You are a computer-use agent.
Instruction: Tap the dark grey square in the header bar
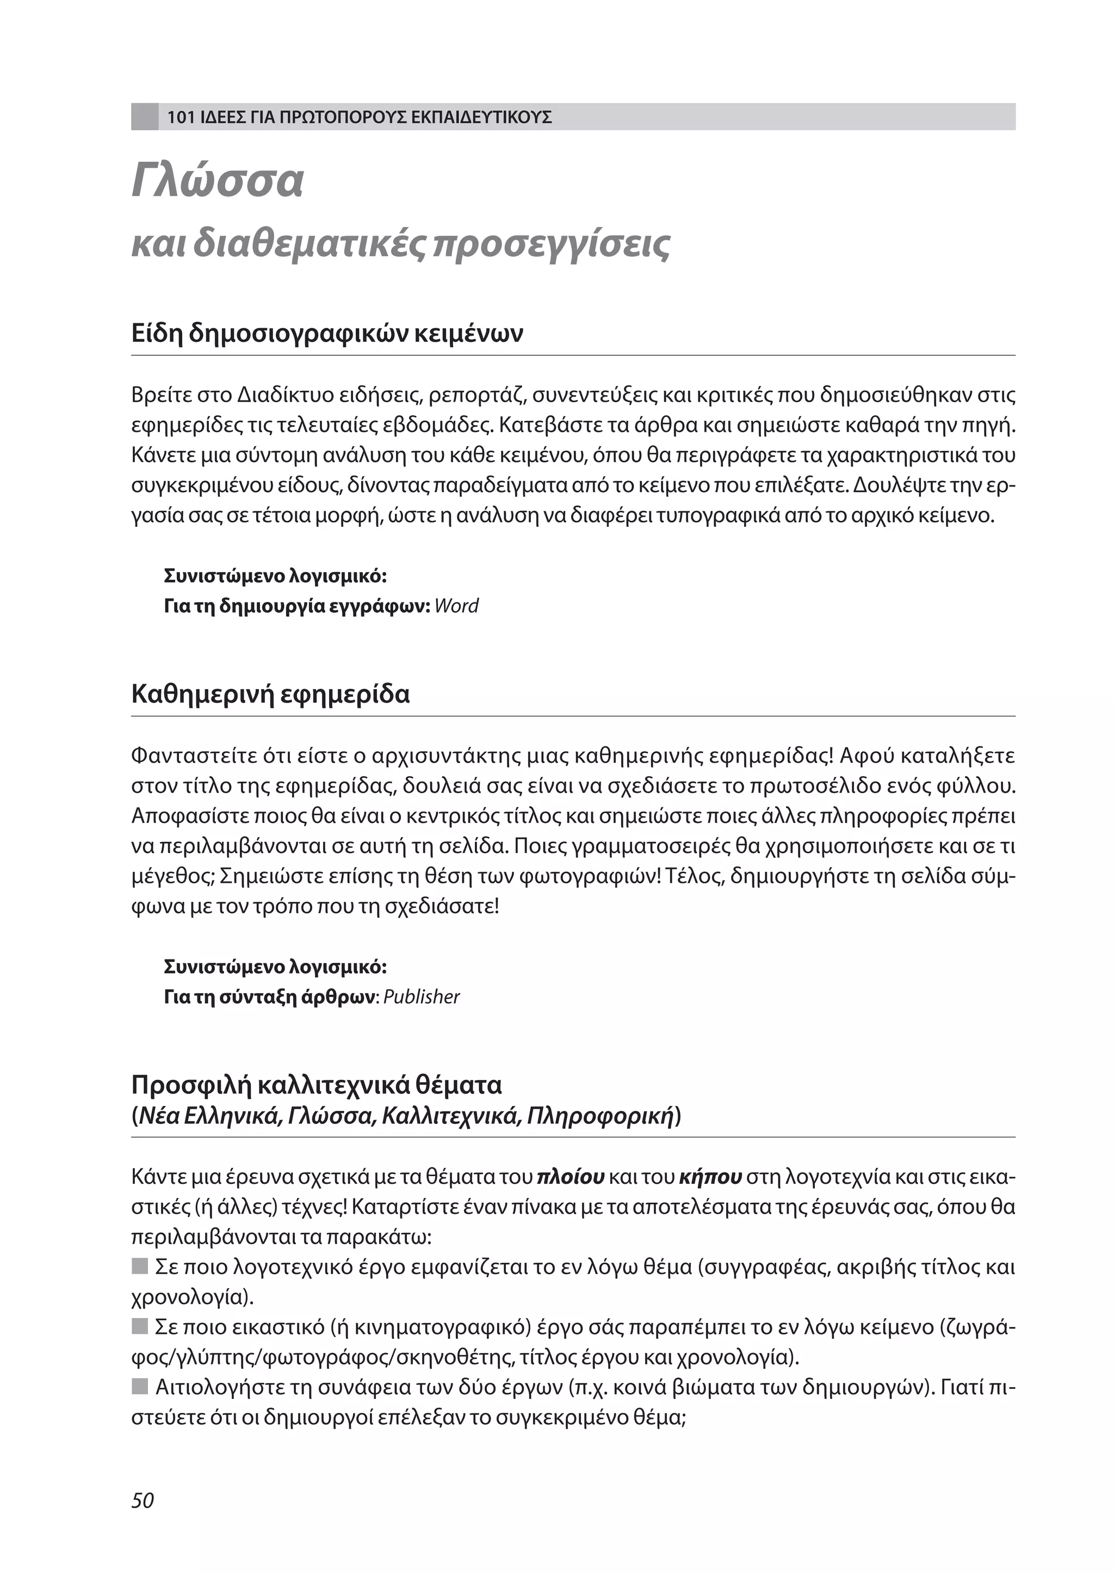(x=145, y=116)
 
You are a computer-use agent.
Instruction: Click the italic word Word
(x=456, y=606)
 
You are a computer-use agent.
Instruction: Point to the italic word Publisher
(x=421, y=997)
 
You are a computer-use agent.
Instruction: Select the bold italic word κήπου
(x=710, y=1177)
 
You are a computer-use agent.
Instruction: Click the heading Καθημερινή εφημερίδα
(x=270, y=694)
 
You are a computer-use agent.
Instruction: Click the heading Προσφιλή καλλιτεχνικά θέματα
(x=316, y=1085)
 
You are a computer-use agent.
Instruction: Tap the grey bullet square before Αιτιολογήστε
(x=140, y=1387)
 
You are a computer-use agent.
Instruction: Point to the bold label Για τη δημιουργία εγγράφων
(x=297, y=606)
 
